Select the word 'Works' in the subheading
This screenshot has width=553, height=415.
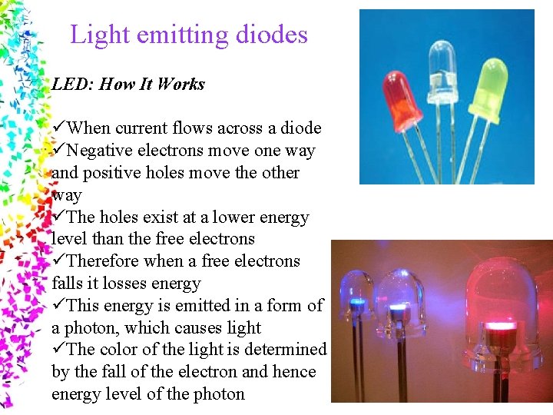pyautogui.click(x=181, y=85)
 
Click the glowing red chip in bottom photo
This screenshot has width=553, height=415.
pyautogui.click(x=499, y=326)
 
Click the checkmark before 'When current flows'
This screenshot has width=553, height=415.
pyautogui.click(x=59, y=128)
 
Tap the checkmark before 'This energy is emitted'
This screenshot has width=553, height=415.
pyautogui.click(x=59, y=306)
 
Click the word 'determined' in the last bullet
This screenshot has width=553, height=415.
pyautogui.click(x=287, y=350)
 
